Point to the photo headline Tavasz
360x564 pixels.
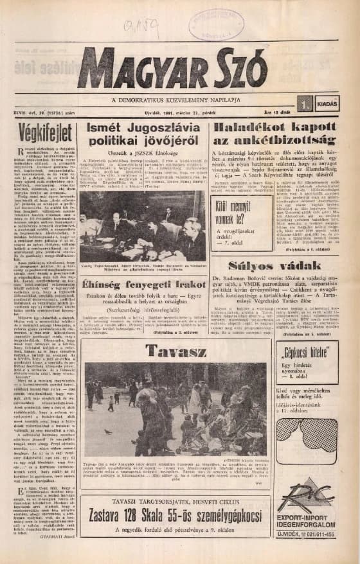pos(175,351)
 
